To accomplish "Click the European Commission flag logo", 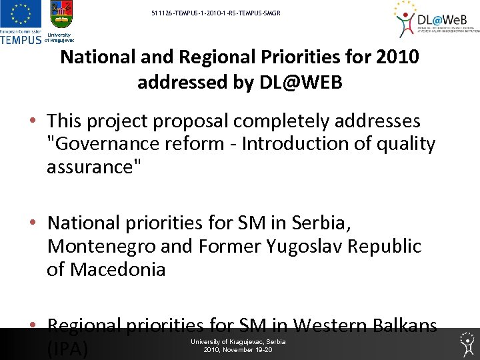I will click(x=21, y=15).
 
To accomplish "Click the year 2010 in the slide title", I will click(x=397, y=57).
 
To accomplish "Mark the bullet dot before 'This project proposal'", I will click(x=33, y=122).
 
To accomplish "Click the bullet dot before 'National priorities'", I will click(x=33, y=223).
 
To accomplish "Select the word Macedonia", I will click(x=117, y=270).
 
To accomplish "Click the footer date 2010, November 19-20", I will click(x=238, y=349).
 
